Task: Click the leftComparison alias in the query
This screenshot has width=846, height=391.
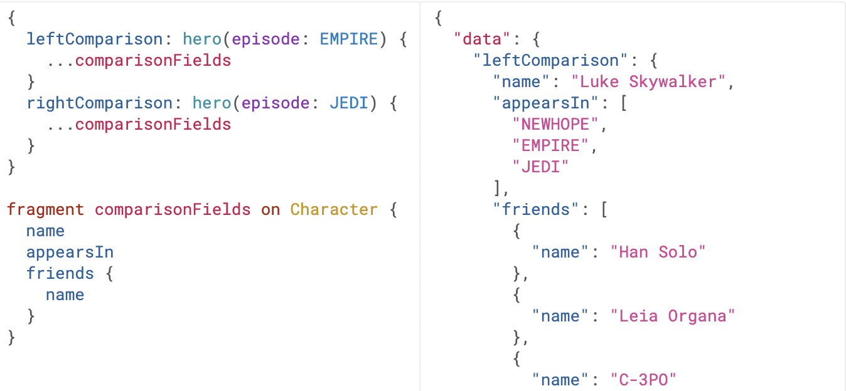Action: click(x=94, y=39)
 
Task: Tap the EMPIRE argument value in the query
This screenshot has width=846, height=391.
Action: click(x=349, y=39)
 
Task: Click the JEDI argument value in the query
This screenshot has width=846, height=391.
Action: click(x=349, y=103)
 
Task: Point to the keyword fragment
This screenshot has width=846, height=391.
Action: click(x=45, y=209)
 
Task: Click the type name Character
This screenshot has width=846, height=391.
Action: click(x=334, y=209)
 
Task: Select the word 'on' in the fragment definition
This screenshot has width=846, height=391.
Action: click(x=270, y=209)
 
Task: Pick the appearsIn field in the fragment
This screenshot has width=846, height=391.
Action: click(x=70, y=252)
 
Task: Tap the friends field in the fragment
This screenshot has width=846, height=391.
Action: click(x=60, y=273)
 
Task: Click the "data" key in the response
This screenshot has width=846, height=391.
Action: click(x=482, y=39)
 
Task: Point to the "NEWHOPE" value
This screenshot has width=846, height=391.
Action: click(x=555, y=124)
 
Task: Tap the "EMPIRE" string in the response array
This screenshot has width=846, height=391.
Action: click(x=550, y=145)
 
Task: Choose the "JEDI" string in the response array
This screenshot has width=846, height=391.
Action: click(x=540, y=167)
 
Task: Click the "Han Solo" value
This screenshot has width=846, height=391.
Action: click(x=658, y=252)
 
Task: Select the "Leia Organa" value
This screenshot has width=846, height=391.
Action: click(x=672, y=316)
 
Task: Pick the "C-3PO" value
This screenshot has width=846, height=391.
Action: click(x=643, y=380)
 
